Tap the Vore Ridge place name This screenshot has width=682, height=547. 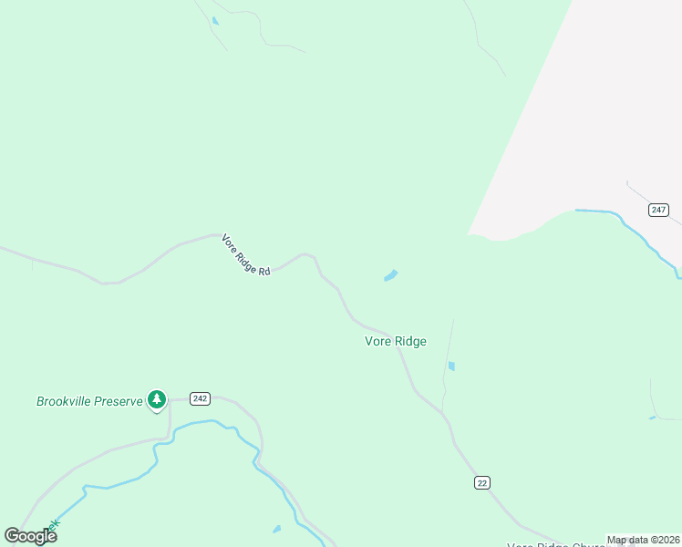coord(396,342)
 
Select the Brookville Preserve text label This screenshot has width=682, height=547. coord(90,401)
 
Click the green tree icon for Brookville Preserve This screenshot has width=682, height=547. coord(157,398)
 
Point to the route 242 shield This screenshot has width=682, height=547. coord(201,398)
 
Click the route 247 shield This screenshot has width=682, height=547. coord(658,210)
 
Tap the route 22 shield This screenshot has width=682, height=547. coord(482,482)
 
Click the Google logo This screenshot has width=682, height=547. coord(31,535)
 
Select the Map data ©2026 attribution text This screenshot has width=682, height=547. coord(643,540)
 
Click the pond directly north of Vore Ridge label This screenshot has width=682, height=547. coord(390,274)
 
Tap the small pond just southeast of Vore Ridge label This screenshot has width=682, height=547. coord(451,366)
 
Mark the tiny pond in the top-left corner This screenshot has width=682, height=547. coord(215,20)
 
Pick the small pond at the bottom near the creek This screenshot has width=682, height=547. coord(276,529)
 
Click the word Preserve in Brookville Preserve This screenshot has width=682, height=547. coord(119,401)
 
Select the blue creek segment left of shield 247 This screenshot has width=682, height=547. coord(597,212)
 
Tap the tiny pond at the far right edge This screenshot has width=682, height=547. coord(652,418)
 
